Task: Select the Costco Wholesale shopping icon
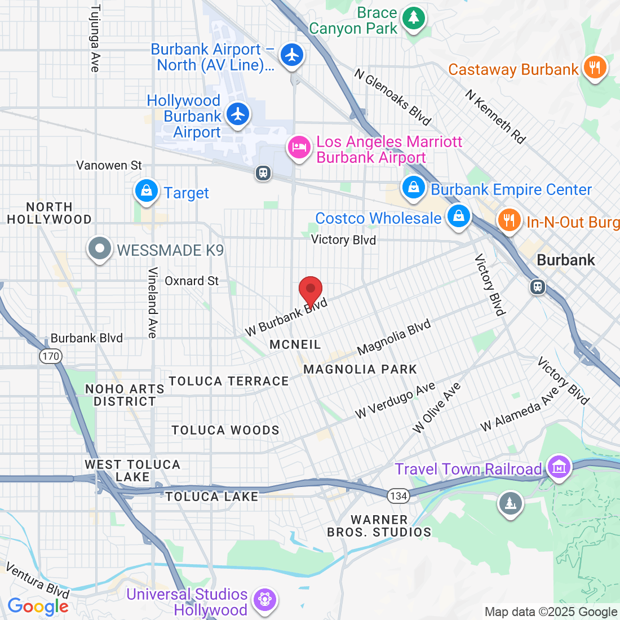(x=458, y=216)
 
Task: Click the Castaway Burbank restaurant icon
(x=594, y=68)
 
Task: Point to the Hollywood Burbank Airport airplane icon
(x=238, y=114)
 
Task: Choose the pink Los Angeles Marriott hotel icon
(x=299, y=148)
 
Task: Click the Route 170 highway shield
(x=51, y=356)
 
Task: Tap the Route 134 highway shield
(x=398, y=496)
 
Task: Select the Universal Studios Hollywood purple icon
(x=263, y=599)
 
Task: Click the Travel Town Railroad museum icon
(x=559, y=467)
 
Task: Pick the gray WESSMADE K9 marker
(x=100, y=248)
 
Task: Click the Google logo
(x=38, y=606)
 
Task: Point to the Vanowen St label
(x=109, y=165)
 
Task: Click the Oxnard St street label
(x=192, y=281)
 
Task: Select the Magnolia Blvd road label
(x=394, y=336)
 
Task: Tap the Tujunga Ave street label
(x=95, y=38)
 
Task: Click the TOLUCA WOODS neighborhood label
(x=225, y=430)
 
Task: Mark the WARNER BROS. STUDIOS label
(x=379, y=526)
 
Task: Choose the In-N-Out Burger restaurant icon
(x=509, y=220)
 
